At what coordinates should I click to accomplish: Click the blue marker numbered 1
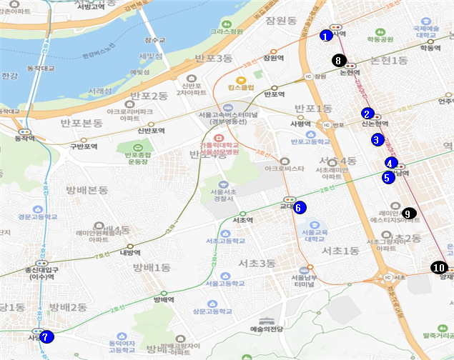pos(325,36)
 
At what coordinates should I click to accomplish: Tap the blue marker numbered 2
pos(367,114)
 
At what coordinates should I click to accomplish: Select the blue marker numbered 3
pos(377,140)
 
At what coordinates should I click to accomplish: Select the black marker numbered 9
pos(408,213)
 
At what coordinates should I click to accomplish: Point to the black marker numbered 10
pos(438,267)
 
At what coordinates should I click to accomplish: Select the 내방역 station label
pos(129,251)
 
